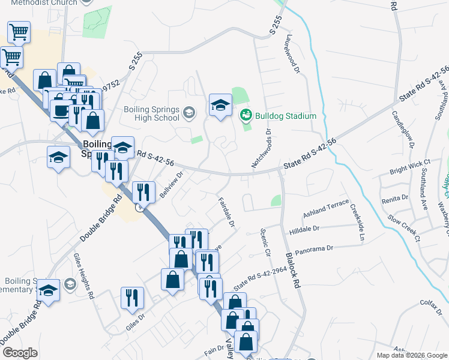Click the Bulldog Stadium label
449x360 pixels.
tap(285, 116)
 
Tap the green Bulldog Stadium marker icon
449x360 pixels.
tap(246, 115)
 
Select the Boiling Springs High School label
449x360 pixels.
tap(151, 113)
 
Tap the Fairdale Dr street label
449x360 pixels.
tap(225, 211)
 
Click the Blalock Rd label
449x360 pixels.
tap(292, 271)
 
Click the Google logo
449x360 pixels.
tap(20, 353)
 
